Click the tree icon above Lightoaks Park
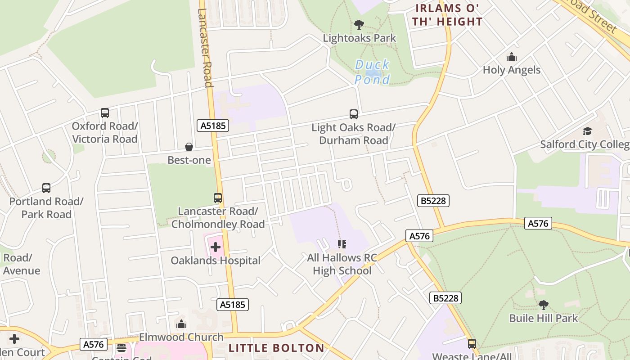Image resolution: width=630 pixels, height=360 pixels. point(359,25)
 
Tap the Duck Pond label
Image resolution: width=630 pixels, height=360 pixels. point(372,72)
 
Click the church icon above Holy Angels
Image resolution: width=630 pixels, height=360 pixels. point(511,57)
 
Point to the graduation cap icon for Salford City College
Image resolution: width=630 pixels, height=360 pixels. point(587,131)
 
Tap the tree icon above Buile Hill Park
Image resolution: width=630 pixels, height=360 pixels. point(544,305)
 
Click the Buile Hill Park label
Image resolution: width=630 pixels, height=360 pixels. point(543,318)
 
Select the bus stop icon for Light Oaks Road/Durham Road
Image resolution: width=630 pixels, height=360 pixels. point(354,114)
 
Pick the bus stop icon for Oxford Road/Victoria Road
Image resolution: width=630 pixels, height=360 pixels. point(105,113)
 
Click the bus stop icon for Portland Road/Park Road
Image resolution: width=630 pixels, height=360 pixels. point(46,188)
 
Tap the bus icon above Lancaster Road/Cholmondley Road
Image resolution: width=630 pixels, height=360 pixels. point(218,198)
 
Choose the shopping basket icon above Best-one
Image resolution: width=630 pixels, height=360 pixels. point(189,147)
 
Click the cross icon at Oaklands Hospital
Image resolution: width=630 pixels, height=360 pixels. point(216,247)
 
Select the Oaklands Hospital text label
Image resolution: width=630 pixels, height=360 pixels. point(216,261)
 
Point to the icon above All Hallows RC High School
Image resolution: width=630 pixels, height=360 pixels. point(342,244)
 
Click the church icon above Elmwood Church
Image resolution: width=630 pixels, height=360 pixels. point(181,324)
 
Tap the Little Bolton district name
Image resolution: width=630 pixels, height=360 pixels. point(276,348)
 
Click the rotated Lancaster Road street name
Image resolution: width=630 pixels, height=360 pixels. point(205,47)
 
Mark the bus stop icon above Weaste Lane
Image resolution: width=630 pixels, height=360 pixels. point(472,344)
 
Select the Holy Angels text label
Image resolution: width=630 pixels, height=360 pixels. point(512,70)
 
